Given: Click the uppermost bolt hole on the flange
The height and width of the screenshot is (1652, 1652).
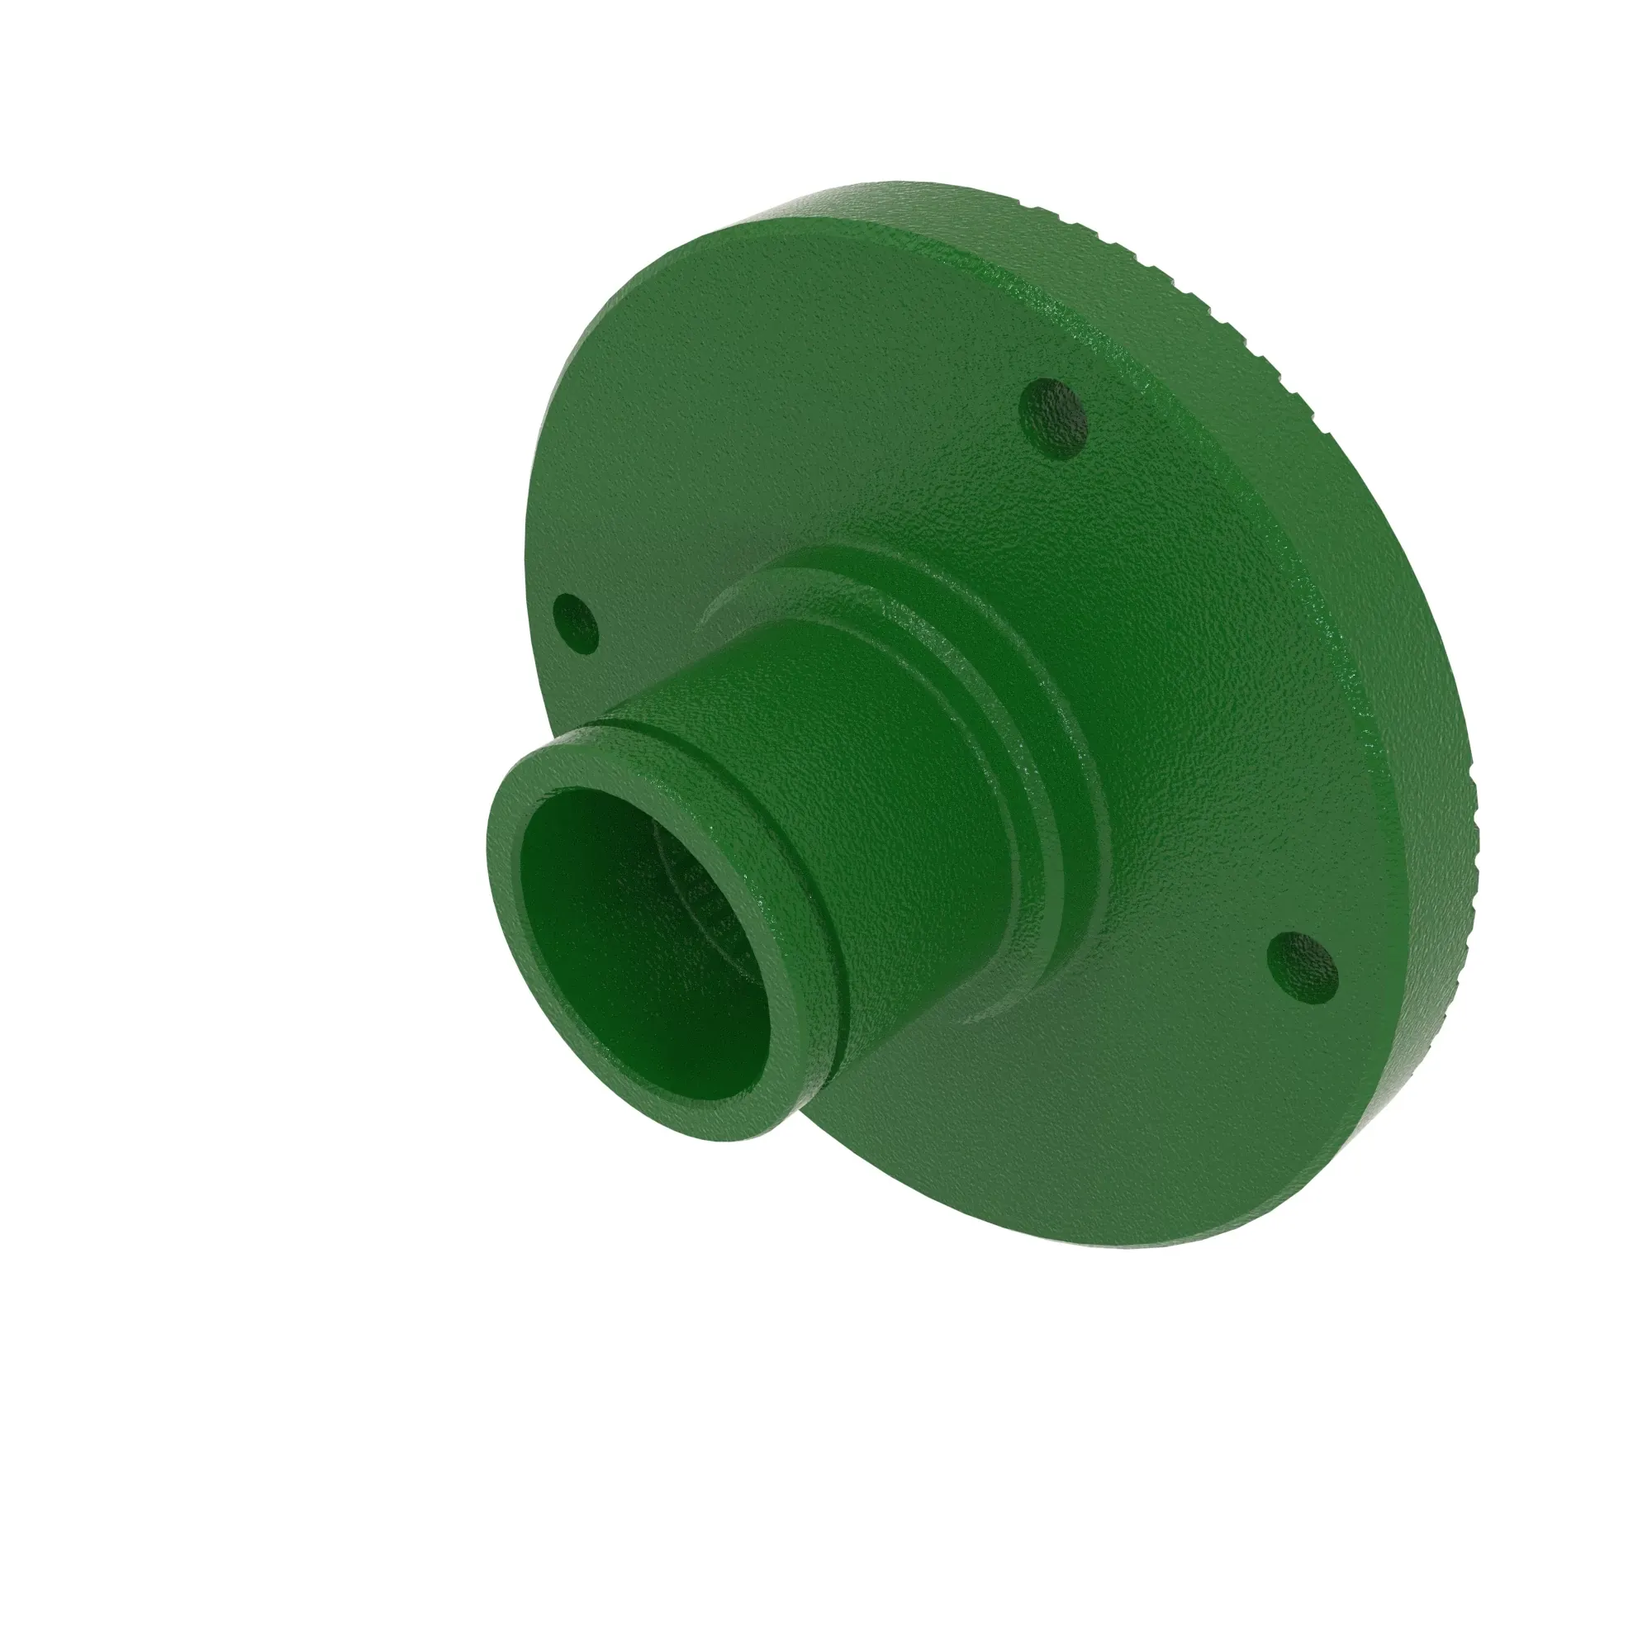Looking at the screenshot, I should tap(1055, 418).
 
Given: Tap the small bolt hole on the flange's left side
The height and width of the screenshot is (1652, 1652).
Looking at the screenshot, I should tap(576, 624).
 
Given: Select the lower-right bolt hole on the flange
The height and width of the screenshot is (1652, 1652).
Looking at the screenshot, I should tap(1303, 967).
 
